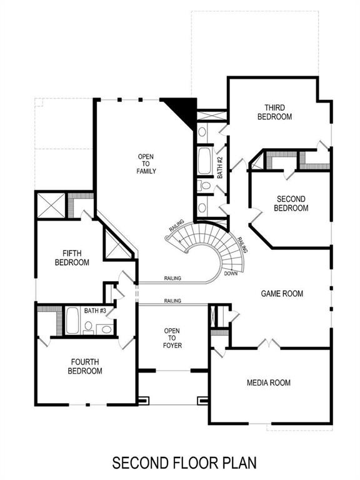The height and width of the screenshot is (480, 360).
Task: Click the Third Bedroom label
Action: (275, 112)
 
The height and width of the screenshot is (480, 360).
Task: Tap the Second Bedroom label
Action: (291, 204)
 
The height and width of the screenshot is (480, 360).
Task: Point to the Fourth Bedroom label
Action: (85, 366)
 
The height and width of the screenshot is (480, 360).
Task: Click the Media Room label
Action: (268, 382)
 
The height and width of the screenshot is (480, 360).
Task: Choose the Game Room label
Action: (281, 292)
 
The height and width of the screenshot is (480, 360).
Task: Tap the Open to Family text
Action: (146, 163)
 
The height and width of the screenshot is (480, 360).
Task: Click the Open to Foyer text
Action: (172, 337)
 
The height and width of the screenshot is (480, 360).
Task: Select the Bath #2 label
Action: (220, 168)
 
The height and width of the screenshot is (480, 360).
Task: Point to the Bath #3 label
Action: (95, 310)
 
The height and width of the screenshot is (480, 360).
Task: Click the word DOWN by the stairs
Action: (230, 273)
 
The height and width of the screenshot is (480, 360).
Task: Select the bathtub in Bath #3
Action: (72, 321)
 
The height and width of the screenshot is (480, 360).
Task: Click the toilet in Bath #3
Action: (89, 326)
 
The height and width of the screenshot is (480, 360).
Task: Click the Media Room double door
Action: (266, 344)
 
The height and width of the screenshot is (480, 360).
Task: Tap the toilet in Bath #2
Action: (204, 186)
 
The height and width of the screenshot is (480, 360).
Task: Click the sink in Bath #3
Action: (106, 329)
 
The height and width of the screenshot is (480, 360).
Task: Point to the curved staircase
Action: (212, 244)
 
